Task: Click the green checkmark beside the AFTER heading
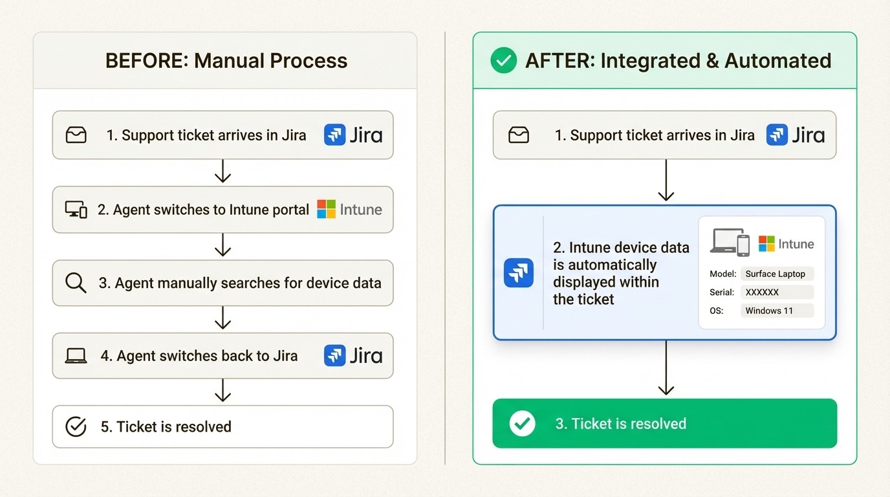tap(503, 61)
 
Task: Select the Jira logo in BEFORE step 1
tap(353, 135)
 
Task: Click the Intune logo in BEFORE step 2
tap(349, 210)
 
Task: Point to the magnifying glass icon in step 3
tap(76, 283)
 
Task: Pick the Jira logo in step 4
tap(353, 355)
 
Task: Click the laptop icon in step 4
tap(76, 356)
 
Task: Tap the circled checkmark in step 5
tap(76, 426)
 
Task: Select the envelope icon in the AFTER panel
tap(519, 135)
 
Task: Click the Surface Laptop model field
tap(776, 274)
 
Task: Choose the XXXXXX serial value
tap(776, 293)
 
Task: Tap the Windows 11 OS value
tap(776, 311)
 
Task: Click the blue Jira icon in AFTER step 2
tap(519, 273)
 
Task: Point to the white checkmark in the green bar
tap(522, 424)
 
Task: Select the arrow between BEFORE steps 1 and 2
tap(222, 172)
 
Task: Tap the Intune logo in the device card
tap(786, 244)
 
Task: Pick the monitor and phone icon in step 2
tap(76, 210)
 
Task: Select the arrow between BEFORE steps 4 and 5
tap(222, 391)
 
